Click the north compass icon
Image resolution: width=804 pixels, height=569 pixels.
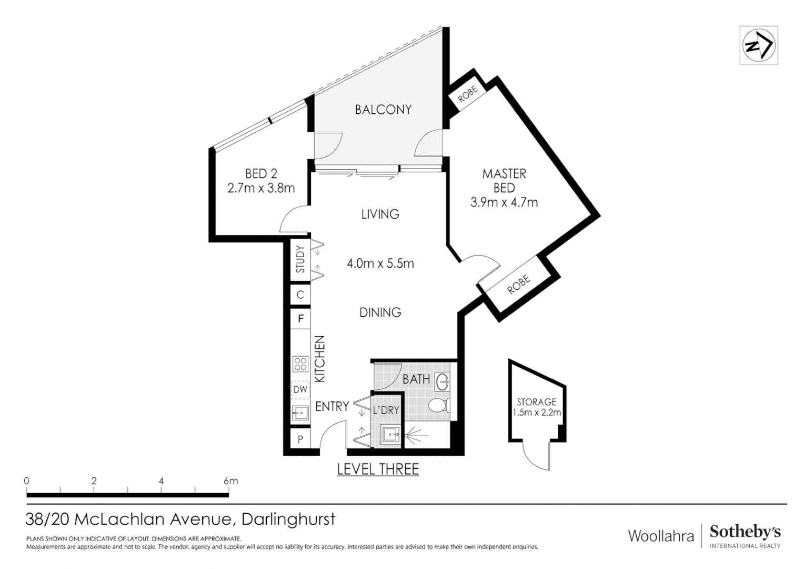coord(758,45)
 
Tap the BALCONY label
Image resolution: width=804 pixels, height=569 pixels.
coord(383,110)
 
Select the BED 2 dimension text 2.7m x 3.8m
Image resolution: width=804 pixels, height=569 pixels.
coord(261,188)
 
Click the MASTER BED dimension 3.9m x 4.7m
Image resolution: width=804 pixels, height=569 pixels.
coord(504,202)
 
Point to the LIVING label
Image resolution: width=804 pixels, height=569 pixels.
coord(380,214)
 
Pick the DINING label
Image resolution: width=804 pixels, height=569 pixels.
coord(380,312)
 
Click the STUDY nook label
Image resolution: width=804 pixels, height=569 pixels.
coord(300,259)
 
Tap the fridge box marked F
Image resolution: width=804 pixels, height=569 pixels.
coord(300,319)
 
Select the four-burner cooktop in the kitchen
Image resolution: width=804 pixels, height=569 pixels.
coord(300,364)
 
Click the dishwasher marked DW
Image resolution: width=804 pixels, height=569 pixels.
coord(300,390)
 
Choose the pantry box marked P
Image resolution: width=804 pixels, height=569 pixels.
coord(300,439)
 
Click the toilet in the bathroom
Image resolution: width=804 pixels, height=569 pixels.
coord(438,406)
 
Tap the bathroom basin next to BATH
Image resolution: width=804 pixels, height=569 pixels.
coord(442,382)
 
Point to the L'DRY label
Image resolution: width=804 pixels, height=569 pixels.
coord(386,410)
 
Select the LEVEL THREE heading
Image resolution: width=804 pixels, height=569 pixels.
coord(377,469)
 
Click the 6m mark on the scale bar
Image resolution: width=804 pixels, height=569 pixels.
coord(230,481)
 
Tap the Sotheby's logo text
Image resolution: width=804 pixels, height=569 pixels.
coord(745,532)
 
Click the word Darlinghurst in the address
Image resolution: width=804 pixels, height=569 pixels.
coord(288,519)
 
